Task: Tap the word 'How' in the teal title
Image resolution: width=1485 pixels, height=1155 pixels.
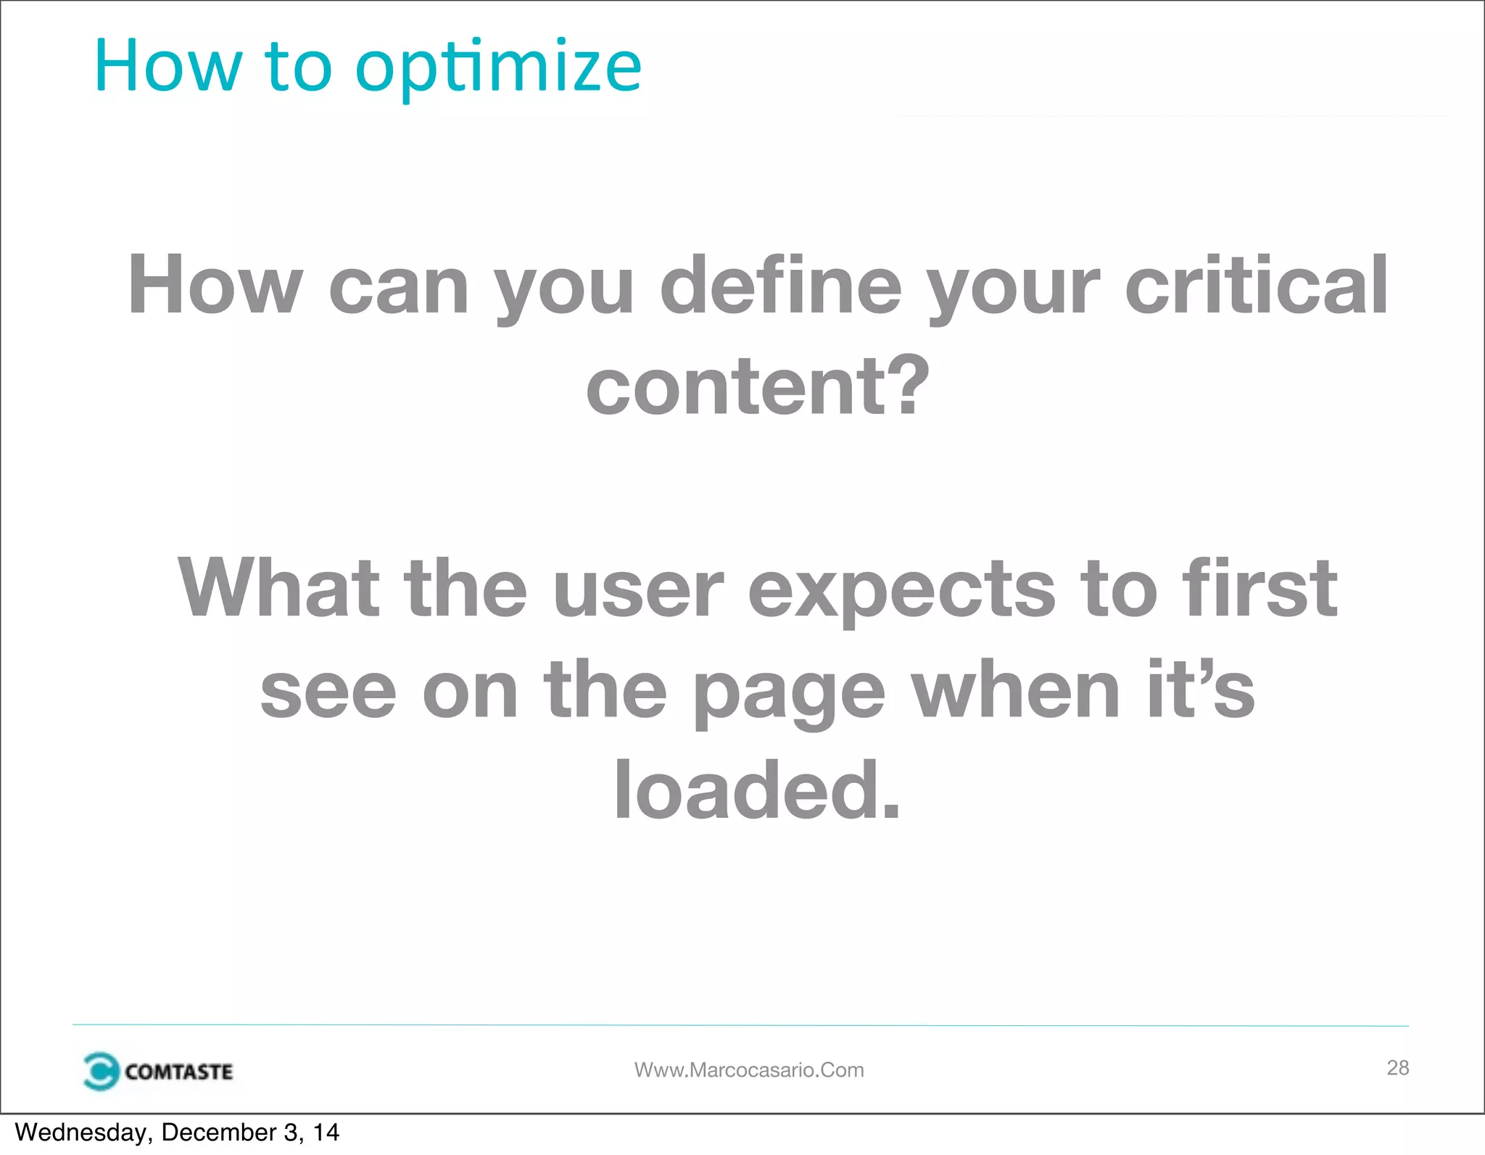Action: (167, 67)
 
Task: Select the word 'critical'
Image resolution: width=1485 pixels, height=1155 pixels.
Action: (1257, 286)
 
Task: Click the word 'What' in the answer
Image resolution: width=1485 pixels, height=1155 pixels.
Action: (279, 588)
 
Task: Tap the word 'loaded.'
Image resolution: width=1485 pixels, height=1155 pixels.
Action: (757, 790)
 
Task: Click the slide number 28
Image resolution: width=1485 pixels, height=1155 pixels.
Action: (1397, 1067)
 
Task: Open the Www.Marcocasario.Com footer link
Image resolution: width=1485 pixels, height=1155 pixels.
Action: (749, 1070)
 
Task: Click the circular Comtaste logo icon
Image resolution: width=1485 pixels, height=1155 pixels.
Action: (100, 1071)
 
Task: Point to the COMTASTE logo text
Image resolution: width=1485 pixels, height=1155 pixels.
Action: (178, 1072)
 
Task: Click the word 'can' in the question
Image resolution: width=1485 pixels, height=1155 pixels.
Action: (399, 287)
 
